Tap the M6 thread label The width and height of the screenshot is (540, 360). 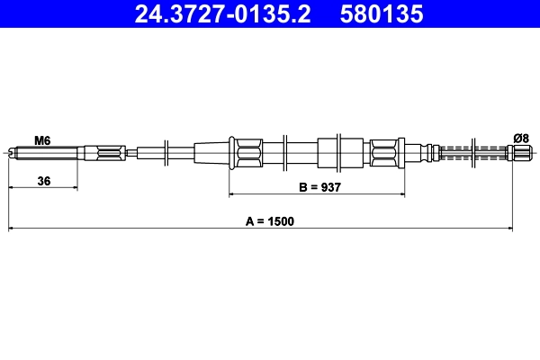tap(41, 139)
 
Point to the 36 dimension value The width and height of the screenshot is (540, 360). tap(43, 181)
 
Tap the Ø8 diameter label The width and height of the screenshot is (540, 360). tap(520, 137)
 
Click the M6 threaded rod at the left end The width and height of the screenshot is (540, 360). tap(36, 152)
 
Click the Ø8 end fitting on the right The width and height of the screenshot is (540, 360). tap(520, 151)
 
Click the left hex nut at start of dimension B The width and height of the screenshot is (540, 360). tap(245, 151)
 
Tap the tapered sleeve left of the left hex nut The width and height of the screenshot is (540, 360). tap(212, 151)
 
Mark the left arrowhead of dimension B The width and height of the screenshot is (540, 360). tap(232, 194)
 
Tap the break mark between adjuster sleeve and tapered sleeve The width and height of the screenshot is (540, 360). tap(167, 151)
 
